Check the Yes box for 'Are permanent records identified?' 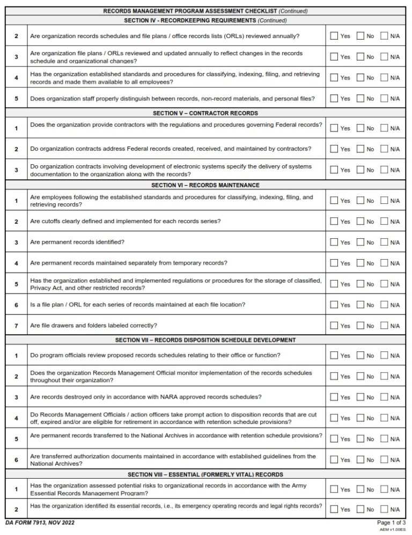[334, 242]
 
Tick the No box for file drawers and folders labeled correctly [360, 325]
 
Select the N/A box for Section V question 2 [384, 149]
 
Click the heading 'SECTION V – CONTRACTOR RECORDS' [204, 113]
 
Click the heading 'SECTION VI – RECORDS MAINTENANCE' [205, 185]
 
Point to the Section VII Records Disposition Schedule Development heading [205, 340]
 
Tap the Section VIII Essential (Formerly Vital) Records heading [205, 474]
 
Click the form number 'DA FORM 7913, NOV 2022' [40, 522]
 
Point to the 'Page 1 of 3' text [392, 523]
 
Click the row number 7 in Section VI [16, 326]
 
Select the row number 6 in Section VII [16, 460]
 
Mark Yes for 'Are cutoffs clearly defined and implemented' [334, 221]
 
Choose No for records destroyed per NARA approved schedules [360, 397]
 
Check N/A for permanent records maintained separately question [384, 263]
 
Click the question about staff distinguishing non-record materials [172, 98]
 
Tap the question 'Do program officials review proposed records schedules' [155, 355]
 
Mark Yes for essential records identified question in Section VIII [334, 509]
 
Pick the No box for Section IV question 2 [360, 35]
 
